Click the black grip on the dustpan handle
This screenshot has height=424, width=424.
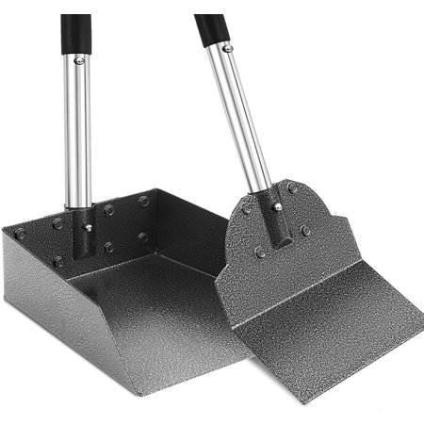pos(75,33)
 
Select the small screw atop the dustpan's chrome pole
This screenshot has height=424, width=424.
pos(80,61)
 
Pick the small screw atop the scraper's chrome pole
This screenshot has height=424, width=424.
pos(227,47)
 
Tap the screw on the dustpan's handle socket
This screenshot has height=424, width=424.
pos(87,226)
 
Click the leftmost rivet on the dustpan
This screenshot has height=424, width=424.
pos(20,234)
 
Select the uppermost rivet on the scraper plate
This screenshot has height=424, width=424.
pos(293,188)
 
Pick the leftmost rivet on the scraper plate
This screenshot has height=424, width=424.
pos(246,209)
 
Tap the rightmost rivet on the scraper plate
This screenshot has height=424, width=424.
pos(306,230)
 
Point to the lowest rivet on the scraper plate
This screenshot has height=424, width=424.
pos(260,252)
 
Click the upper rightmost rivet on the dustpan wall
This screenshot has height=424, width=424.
pos(143,201)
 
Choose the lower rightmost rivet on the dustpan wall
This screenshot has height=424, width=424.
pos(143,237)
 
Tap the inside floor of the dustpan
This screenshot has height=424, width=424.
pos(151,283)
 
